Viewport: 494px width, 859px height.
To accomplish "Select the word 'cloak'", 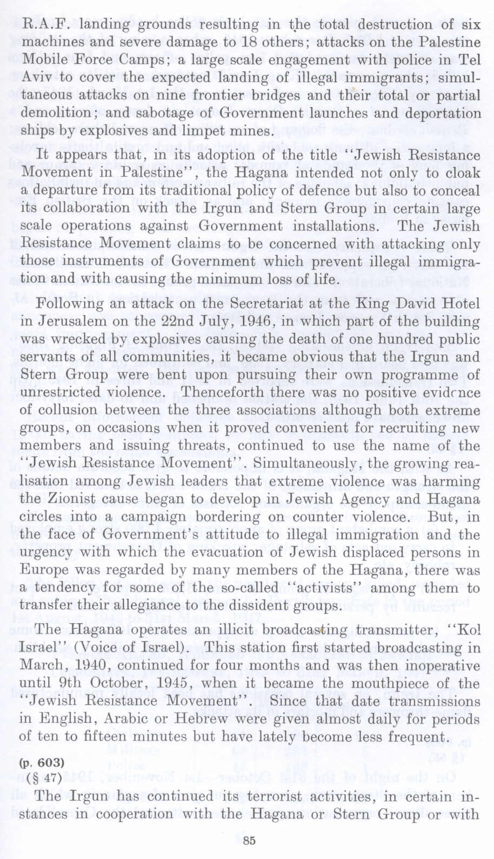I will pos(463,173).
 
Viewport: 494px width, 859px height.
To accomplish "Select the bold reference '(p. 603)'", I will pos(42,763).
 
